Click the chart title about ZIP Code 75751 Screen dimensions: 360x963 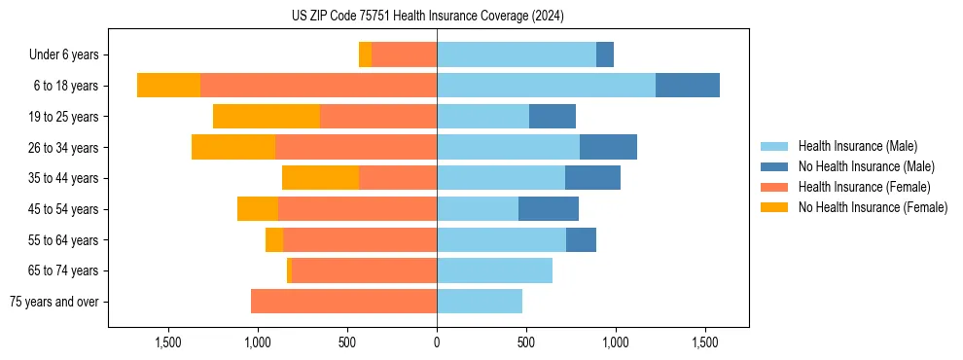pyautogui.click(x=428, y=16)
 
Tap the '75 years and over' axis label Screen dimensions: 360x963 pyautogui.click(x=53, y=302)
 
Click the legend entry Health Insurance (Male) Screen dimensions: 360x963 pyautogui.click(x=857, y=146)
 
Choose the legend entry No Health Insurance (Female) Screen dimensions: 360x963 pyautogui.click(x=873, y=207)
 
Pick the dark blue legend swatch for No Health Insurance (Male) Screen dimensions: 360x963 pyautogui.click(x=774, y=166)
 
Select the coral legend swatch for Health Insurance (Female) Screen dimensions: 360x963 pyautogui.click(x=774, y=187)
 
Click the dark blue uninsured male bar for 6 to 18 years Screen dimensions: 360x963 pyautogui.click(x=687, y=86)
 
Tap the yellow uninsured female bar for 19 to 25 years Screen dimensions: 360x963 pyautogui.click(x=267, y=117)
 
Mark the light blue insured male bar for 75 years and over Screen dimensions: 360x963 pyautogui.click(x=480, y=302)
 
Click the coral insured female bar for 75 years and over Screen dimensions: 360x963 pyautogui.click(x=343, y=302)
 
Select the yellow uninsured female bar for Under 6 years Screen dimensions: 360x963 pyautogui.click(x=365, y=54)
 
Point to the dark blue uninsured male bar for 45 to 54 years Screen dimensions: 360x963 pyautogui.click(x=549, y=209)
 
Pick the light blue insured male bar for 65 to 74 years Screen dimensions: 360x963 pyautogui.click(x=494, y=270)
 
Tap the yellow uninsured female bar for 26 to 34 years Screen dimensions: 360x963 pyautogui.click(x=233, y=147)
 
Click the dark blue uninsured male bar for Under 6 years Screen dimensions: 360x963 pyautogui.click(x=605, y=54)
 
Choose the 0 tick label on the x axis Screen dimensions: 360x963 pyautogui.click(x=437, y=342)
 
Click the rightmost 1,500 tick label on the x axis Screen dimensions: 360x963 pyautogui.click(x=704, y=342)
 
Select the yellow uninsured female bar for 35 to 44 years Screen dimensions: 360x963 pyautogui.click(x=320, y=178)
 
